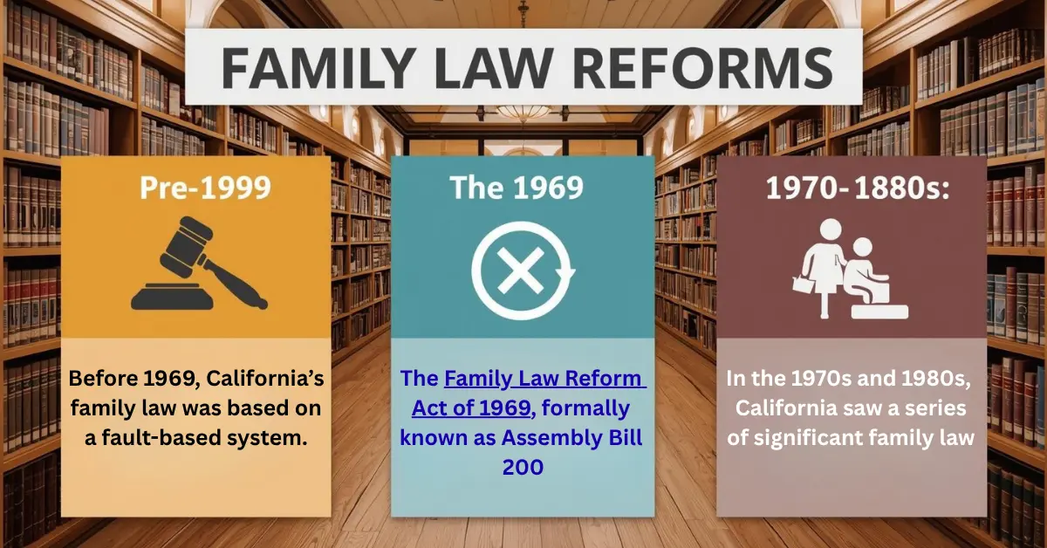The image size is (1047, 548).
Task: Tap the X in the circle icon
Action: (x=522, y=271)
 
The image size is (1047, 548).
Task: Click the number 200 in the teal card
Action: (x=523, y=467)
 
